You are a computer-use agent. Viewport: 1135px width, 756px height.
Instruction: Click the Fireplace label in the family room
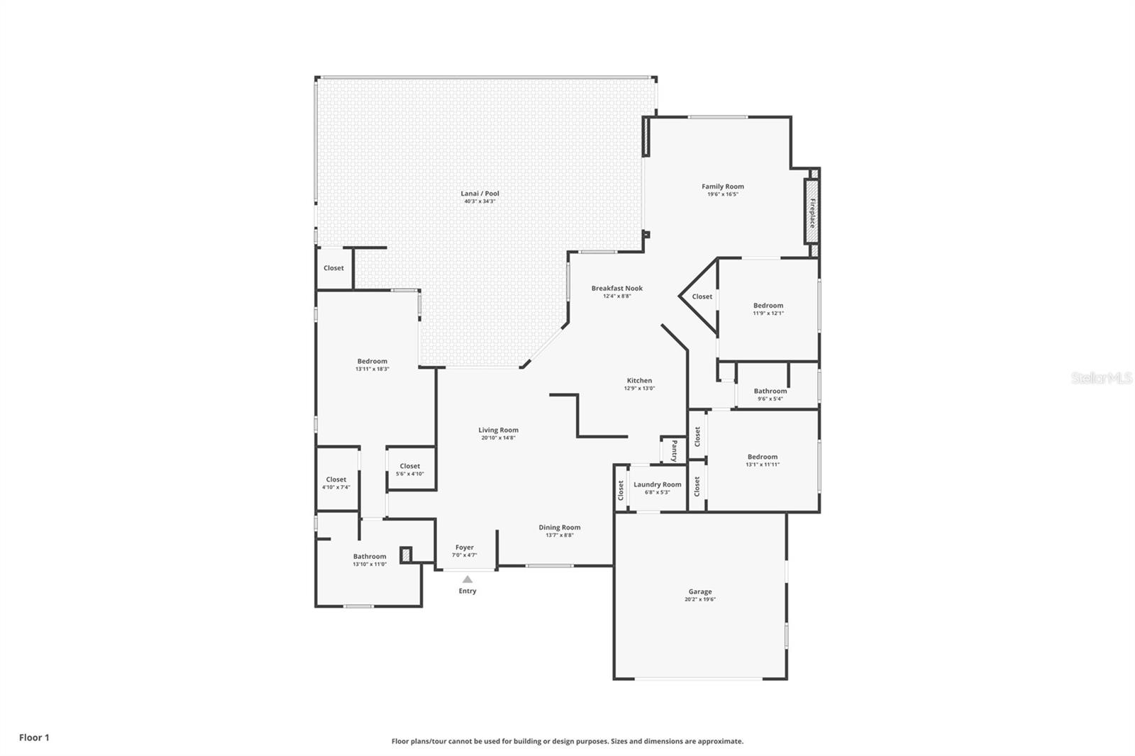pyautogui.click(x=812, y=212)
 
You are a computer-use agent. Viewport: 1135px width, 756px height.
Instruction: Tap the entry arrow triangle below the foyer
pyautogui.click(x=467, y=579)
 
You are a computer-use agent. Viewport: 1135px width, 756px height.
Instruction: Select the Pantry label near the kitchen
pyautogui.click(x=674, y=450)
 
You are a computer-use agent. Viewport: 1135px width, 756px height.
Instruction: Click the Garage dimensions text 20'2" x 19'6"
pyautogui.click(x=699, y=599)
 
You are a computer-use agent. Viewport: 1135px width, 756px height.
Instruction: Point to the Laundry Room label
pyautogui.click(x=657, y=484)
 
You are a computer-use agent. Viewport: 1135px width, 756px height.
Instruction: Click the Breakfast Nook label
pyautogui.click(x=616, y=288)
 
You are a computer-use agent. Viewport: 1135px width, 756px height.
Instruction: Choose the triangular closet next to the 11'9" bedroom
pyautogui.click(x=702, y=296)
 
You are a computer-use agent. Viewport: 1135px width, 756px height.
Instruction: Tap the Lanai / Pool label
pyautogui.click(x=480, y=194)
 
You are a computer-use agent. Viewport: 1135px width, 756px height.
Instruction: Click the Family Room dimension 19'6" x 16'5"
pyautogui.click(x=722, y=194)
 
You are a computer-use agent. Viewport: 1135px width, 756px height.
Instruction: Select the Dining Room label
pyautogui.click(x=559, y=527)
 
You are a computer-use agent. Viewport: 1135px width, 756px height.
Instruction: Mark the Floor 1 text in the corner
pyautogui.click(x=34, y=738)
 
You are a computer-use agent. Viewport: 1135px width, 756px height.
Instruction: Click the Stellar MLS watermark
pyautogui.click(x=1101, y=379)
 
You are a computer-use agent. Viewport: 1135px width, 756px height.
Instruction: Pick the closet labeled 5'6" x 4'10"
pyautogui.click(x=409, y=469)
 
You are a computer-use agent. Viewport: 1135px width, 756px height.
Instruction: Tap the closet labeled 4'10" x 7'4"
pyautogui.click(x=336, y=483)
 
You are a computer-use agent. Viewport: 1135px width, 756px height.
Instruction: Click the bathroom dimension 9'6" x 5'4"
pyautogui.click(x=770, y=399)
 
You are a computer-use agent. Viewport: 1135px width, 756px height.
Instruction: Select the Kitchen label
pyautogui.click(x=638, y=380)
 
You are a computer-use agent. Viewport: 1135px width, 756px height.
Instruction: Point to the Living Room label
pyautogui.click(x=498, y=430)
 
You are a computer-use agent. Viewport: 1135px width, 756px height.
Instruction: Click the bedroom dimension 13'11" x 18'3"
pyautogui.click(x=372, y=369)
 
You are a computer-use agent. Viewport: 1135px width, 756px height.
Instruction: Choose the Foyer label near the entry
pyautogui.click(x=464, y=547)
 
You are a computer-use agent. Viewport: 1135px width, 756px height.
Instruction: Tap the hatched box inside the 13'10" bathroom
pyautogui.click(x=406, y=555)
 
